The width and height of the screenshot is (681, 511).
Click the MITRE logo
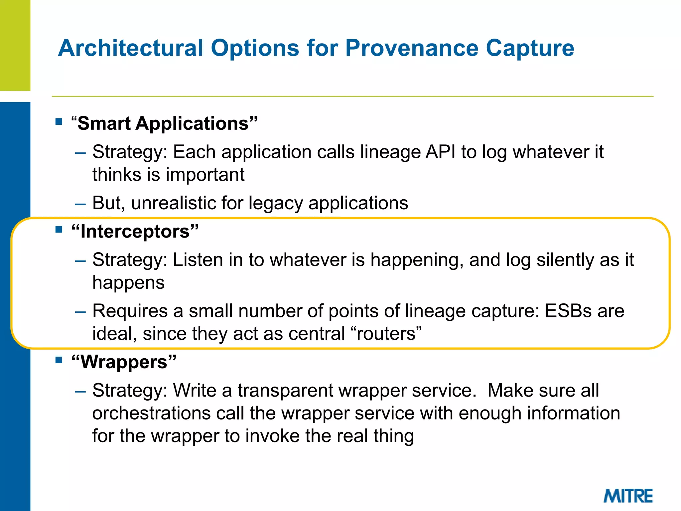click(628, 496)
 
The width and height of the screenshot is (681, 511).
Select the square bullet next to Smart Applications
click(59, 121)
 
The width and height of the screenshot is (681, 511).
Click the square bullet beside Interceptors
click(59, 229)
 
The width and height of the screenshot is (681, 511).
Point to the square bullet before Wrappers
click(59, 360)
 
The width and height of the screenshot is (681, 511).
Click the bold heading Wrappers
click(124, 362)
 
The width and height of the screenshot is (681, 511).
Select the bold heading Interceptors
click(135, 232)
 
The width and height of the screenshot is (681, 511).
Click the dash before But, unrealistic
click(80, 204)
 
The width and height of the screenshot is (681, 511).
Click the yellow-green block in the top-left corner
click(15, 45)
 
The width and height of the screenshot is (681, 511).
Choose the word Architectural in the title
click(130, 48)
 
